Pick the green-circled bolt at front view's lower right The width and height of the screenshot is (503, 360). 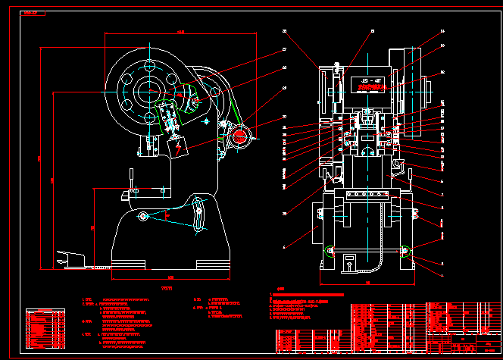click(406, 251)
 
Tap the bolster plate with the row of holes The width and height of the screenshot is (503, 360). click(367, 196)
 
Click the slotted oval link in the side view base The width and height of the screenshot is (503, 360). click(198, 215)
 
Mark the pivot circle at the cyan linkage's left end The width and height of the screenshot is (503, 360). click(142, 218)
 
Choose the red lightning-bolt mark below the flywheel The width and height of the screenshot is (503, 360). click(179, 149)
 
